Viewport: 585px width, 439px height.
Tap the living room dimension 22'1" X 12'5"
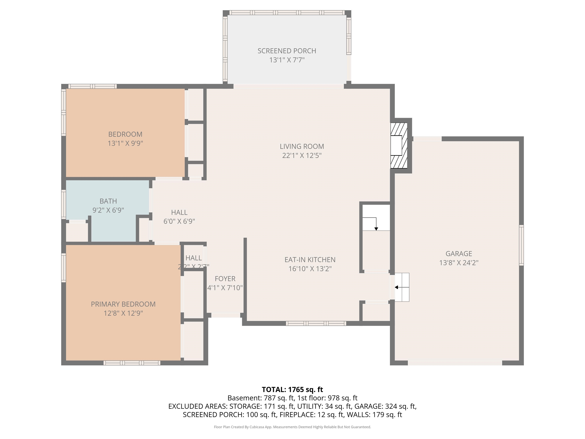(302, 155)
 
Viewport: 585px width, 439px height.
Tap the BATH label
(108, 201)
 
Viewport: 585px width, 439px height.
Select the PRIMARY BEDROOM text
(123, 304)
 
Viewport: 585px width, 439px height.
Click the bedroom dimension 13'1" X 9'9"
(125, 143)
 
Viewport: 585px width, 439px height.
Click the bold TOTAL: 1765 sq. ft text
(292, 389)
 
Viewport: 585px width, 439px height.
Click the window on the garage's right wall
(521, 245)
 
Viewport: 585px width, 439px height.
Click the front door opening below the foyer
(226, 315)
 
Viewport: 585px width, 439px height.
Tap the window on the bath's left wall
(63, 204)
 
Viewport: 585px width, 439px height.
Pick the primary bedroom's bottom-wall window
(132, 363)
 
